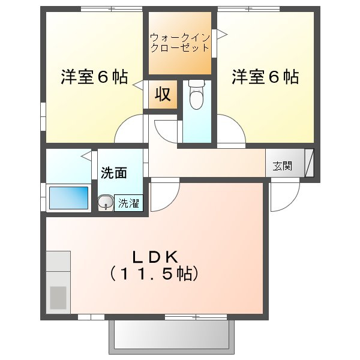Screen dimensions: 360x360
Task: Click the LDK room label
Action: pyautogui.click(x=155, y=257)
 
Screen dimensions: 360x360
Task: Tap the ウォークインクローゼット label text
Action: pyautogui.click(x=180, y=43)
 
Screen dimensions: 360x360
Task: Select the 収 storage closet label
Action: pyautogui.click(x=163, y=94)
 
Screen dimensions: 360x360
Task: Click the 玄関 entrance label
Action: pyautogui.click(x=283, y=166)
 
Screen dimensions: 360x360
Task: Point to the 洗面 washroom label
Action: pyautogui.click(x=114, y=173)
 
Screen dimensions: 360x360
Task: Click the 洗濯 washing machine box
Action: pyautogui.click(x=128, y=203)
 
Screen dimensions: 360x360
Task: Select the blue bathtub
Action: pyautogui.click(x=68, y=197)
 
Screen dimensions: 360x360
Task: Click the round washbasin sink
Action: pyautogui.click(x=106, y=202)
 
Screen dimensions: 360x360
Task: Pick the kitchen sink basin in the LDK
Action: pyautogui.click(x=58, y=298)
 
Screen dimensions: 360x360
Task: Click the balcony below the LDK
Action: pyautogui.click(x=172, y=335)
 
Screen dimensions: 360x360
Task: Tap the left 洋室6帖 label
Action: pyautogui.click(x=94, y=77)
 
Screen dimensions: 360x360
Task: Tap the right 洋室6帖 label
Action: pyautogui.click(x=265, y=77)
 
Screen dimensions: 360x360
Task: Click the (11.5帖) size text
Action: pyautogui.click(x=154, y=274)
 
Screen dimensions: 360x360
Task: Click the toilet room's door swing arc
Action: pyautogui.click(x=160, y=136)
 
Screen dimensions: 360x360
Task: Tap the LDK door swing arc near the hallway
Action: pyautogui.click(x=172, y=203)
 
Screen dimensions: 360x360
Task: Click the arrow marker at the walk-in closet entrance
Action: pyautogui.click(x=221, y=35)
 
